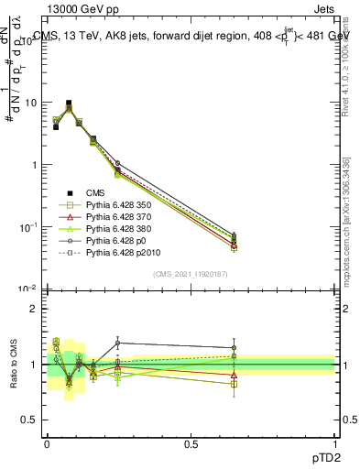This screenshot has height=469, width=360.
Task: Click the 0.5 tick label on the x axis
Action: (x=191, y=442)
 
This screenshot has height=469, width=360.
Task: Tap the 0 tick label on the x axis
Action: (x=47, y=442)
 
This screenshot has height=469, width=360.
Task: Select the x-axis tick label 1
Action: (x=334, y=442)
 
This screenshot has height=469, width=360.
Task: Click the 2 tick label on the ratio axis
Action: (x=34, y=309)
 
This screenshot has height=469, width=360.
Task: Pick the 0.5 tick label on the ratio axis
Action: (x=30, y=420)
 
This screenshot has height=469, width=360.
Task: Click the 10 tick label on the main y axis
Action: (x=29, y=103)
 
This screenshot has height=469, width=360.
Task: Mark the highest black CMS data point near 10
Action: (x=69, y=104)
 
